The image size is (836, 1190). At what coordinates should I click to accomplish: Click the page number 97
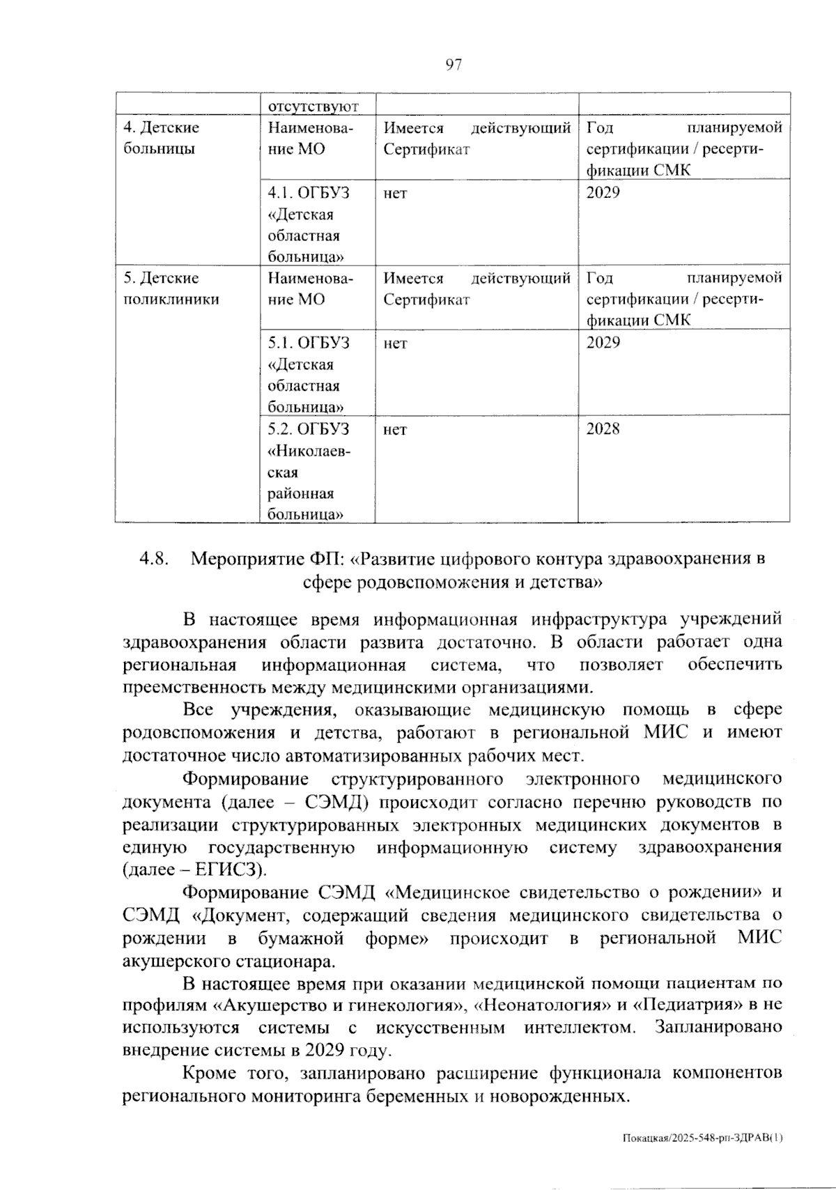click(x=453, y=65)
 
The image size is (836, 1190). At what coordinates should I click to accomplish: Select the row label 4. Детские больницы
click(x=161, y=138)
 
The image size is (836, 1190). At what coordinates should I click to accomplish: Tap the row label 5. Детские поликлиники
click(x=171, y=288)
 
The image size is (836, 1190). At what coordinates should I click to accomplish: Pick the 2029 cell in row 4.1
click(x=603, y=192)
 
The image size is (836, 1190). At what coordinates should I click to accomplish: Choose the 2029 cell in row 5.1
click(x=603, y=343)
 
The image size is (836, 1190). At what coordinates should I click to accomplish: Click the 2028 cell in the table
click(x=603, y=429)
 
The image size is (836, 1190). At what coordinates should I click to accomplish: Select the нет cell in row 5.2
click(x=395, y=430)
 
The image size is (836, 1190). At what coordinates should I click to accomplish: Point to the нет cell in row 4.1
click(x=395, y=193)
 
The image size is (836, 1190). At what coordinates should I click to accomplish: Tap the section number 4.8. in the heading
click(x=154, y=559)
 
